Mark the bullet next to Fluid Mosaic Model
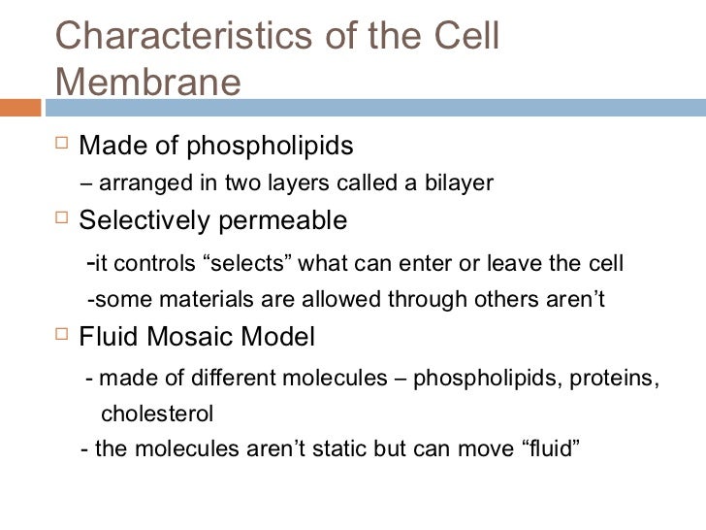61,338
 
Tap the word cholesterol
157,414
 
